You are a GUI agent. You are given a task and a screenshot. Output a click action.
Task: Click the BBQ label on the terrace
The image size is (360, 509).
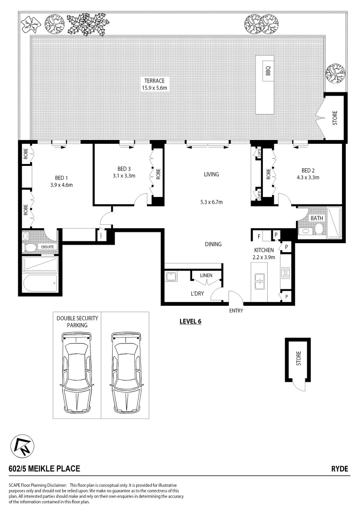[x=268, y=71]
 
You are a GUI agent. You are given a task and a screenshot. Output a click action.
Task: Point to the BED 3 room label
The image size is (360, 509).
[x=124, y=169]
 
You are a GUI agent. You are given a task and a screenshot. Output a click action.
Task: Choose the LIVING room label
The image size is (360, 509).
[x=211, y=174]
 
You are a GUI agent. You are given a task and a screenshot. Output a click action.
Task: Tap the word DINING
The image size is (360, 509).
[x=213, y=244]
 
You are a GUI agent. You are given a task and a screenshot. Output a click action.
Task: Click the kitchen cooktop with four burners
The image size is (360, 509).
[x=286, y=272]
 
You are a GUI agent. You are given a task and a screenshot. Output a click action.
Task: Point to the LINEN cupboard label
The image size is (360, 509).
[x=206, y=275]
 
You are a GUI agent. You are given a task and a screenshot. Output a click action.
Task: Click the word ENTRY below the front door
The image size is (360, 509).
[x=236, y=311]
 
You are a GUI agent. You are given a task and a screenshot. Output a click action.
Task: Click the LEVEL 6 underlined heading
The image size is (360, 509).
[x=190, y=322]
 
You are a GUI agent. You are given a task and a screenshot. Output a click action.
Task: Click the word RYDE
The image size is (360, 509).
[x=339, y=468]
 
